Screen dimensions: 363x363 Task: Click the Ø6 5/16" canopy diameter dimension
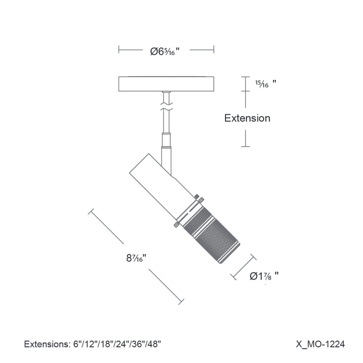165,51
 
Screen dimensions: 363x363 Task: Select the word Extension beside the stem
247,118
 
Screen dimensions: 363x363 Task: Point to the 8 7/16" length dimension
137,258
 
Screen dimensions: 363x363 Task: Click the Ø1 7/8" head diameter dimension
264,276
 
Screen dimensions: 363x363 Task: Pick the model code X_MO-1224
320,344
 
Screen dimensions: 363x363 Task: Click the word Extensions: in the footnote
47,344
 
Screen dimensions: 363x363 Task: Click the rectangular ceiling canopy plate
166,84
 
